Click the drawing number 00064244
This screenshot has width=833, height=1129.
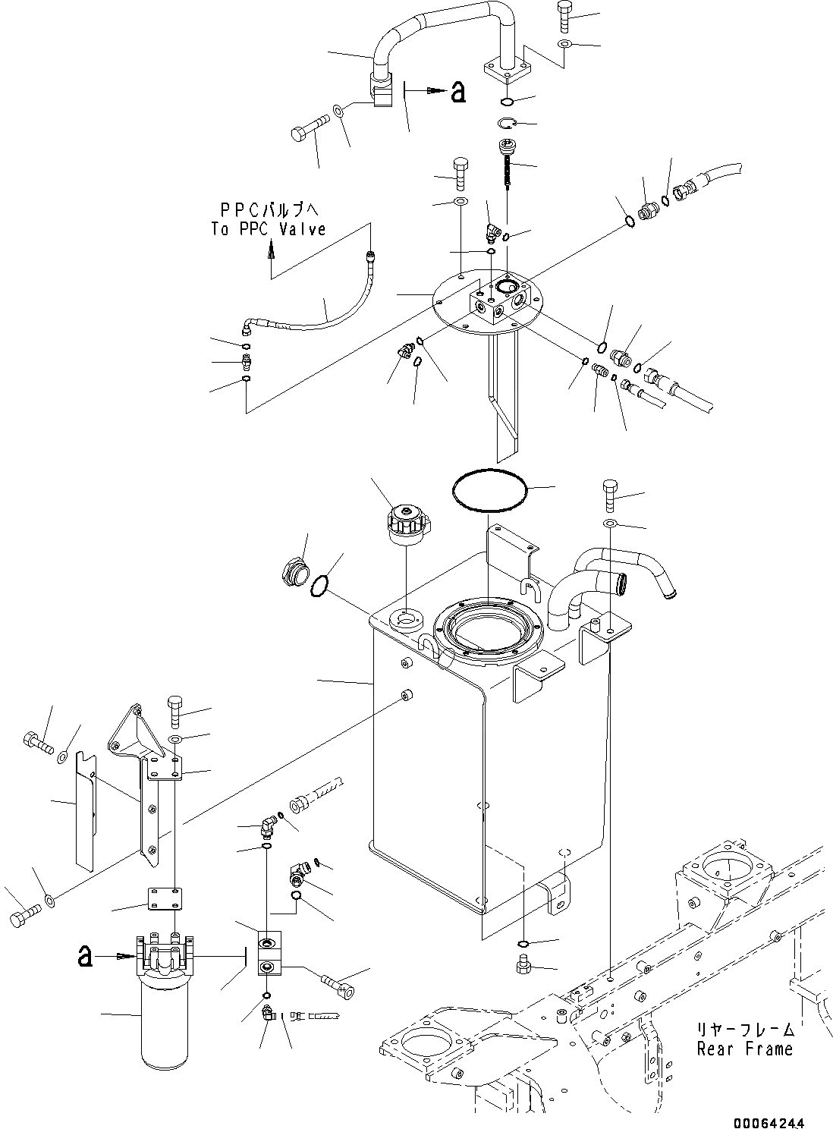(768, 1122)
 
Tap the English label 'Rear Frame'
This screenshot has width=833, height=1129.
(745, 1049)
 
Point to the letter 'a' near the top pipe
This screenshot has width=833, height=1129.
(457, 93)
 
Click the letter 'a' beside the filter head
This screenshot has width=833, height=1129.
(86, 956)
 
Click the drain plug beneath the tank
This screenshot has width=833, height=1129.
(521, 966)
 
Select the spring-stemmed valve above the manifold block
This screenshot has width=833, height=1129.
(507, 163)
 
